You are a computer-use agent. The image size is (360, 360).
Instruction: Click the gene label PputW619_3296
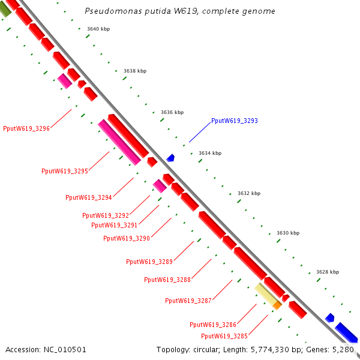26,128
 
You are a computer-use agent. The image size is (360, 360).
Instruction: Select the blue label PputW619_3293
234,121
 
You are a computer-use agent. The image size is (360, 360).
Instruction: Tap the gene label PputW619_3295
65,171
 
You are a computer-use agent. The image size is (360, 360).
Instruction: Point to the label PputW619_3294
89,197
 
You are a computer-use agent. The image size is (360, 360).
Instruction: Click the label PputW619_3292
106,215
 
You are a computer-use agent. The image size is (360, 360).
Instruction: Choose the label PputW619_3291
115,225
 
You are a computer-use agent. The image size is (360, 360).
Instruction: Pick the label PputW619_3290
127,238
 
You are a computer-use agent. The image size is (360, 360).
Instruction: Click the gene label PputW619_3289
149,262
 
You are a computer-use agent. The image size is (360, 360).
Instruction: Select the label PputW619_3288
167,280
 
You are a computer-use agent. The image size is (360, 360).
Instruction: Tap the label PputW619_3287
188,301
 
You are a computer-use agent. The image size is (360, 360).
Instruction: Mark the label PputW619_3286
213,325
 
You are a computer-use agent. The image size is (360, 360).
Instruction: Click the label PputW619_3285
224,336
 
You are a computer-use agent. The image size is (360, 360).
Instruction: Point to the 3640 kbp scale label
98,29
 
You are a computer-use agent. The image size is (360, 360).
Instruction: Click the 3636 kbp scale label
172,112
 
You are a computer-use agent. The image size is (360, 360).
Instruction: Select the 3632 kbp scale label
249,193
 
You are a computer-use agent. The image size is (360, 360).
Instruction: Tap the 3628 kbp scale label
328,272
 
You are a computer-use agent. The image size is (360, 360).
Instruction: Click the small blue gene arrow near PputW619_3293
171,158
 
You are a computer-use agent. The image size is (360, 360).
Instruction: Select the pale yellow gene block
265,293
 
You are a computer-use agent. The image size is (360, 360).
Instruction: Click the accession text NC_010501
46,349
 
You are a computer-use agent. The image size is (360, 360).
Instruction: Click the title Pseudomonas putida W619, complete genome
180,11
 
